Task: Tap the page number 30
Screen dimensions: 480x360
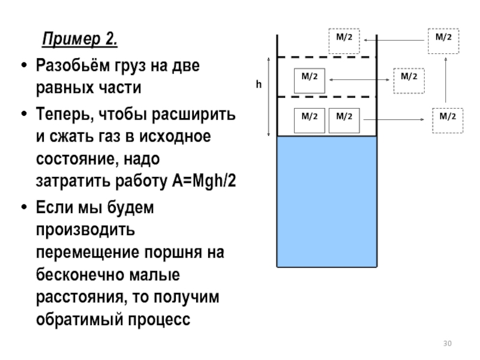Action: (x=447, y=343)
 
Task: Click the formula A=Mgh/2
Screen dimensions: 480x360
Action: (x=204, y=181)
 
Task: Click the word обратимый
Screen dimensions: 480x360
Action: (x=80, y=320)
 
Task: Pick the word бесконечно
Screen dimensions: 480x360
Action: (x=81, y=274)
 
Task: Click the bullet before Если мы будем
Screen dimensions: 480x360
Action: (x=24, y=207)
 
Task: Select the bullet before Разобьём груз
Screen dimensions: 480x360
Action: (x=24, y=65)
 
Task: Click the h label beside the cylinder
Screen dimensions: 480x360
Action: (x=259, y=84)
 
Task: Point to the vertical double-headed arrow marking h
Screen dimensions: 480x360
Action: (x=269, y=97)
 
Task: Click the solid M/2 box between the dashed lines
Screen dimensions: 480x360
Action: (x=310, y=81)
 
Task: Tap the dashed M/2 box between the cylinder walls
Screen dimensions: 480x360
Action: (x=344, y=41)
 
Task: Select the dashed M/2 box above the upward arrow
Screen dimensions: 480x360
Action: (x=443, y=41)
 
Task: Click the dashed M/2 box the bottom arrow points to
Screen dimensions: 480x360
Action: (x=448, y=121)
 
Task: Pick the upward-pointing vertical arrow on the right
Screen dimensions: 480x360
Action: (x=445, y=80)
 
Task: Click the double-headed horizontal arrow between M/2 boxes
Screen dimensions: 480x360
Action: (x=359, y=80)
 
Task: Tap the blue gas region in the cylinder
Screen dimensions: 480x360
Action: (x=327, y=202)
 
